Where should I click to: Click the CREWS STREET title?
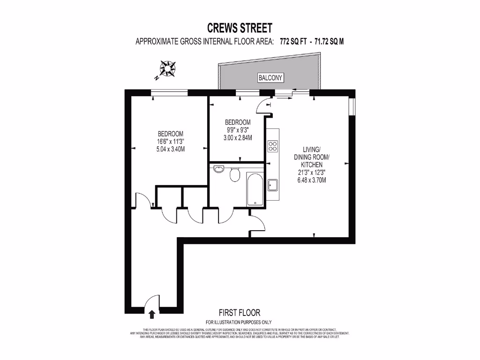(240, 28)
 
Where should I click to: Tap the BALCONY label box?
(271, 78)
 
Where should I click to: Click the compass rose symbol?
(167, 68)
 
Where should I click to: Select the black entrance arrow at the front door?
(151, 313)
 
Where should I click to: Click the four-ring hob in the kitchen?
(272, 146)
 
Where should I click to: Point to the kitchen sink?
(273, 185)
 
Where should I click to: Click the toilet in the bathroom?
(235, 175)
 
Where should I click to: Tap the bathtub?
(255, 190)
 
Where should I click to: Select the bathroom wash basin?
(218, 169)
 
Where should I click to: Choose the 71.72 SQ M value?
(330, 41)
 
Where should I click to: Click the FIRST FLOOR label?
(239, 312)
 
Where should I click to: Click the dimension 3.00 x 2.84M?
(238, 138)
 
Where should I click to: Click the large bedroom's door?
(143, 201)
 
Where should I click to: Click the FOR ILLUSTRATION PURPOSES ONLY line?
(239, 322)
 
